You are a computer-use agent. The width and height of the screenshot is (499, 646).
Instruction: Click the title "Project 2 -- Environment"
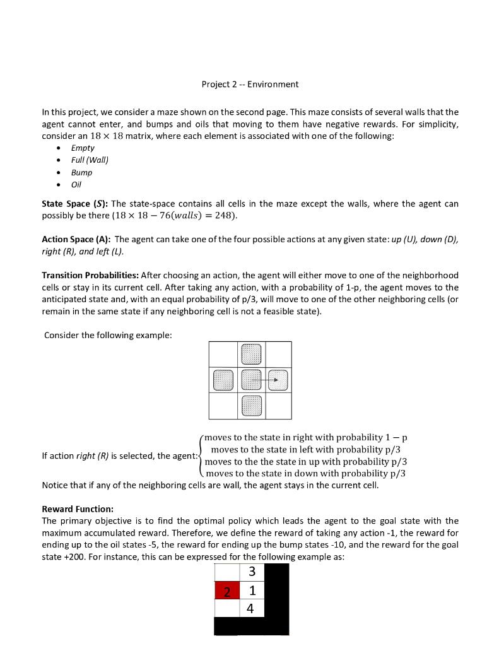click(x=250, y=84)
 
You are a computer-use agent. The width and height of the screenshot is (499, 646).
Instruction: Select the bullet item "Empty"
click(x=83, y=148)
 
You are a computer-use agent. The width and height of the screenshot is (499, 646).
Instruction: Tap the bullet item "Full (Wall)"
click(x=90, y=160)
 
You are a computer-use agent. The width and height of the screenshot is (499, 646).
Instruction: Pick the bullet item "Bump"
click(x=82, y=172)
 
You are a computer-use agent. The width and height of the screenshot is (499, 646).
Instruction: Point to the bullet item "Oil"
click(x=76, y=185)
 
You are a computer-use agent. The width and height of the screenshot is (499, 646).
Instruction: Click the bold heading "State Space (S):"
click(x=74, y=204)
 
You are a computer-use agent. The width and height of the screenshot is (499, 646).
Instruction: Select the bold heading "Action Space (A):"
click(x=76, y=239)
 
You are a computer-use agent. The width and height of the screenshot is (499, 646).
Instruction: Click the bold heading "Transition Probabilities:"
click(x=90, y=275)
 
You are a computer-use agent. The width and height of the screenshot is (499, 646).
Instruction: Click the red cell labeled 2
click(x=227, y=591)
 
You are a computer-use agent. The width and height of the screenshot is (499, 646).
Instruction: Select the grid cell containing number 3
click(x=252, y=572)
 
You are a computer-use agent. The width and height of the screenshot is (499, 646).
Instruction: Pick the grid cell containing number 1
click(x=252, y=591)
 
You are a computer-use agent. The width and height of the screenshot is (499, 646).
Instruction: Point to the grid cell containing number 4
click(x=252, y=609)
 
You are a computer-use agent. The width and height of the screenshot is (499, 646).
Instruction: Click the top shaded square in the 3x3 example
click(x=251, y=354)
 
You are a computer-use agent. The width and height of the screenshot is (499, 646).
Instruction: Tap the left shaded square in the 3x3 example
click(x=223, y=380)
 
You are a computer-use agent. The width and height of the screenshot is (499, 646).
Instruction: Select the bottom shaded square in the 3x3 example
click(x=251, y=406)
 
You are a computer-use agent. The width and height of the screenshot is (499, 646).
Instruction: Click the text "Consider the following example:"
click(x=108, y=335)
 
